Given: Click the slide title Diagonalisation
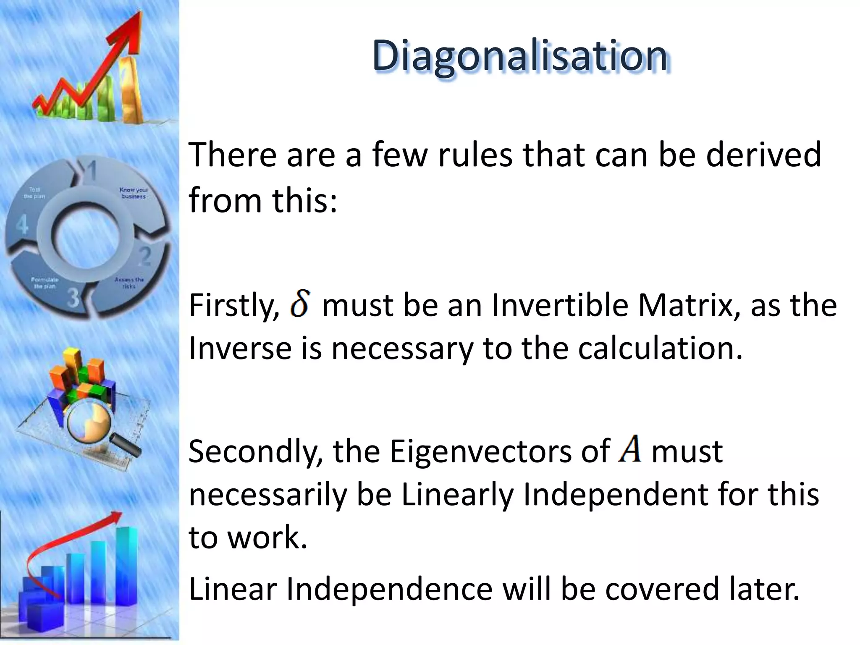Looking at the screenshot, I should click(520, 56).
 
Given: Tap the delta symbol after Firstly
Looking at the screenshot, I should click(300, 305).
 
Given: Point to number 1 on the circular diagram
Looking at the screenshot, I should click(91, 171).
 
